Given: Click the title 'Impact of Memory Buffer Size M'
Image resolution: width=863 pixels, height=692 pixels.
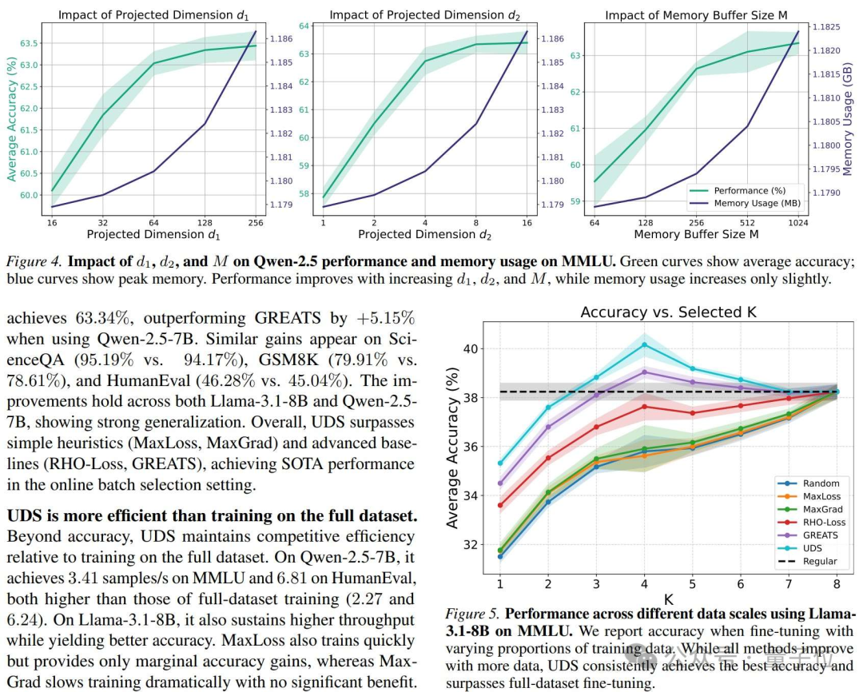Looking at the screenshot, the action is tap(696, 15).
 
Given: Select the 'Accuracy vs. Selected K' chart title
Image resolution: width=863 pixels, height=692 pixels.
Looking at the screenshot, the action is tap(668, 312).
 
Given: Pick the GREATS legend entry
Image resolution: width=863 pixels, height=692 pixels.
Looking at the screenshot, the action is tap(807, 535).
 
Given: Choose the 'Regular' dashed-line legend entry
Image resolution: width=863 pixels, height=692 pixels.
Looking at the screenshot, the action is tap(807, 562).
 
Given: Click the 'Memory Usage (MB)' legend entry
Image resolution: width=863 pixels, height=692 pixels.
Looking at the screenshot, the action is tap(746, 203).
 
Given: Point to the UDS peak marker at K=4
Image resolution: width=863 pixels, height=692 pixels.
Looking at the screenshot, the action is tap(645, 344).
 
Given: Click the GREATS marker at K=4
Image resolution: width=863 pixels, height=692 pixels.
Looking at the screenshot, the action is tap(645, 372).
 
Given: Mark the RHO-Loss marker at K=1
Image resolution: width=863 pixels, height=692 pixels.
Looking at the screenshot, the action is tap(500, 505).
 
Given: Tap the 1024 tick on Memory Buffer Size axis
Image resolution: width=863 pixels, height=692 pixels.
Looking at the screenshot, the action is tap(798, 223).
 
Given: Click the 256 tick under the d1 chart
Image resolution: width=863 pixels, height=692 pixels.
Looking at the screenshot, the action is tap(256, 223).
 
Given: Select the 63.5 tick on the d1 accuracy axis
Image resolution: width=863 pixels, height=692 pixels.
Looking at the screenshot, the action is tap(30, 43).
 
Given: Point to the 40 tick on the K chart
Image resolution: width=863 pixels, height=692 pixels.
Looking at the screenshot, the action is tap(471, 349).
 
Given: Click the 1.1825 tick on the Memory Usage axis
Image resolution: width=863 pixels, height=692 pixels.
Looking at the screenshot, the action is tap(826, 27).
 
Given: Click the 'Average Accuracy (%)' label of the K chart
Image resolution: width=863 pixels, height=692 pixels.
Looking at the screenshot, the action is tap(452, 447).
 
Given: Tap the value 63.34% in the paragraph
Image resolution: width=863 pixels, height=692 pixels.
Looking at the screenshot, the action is tap(102, 318).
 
